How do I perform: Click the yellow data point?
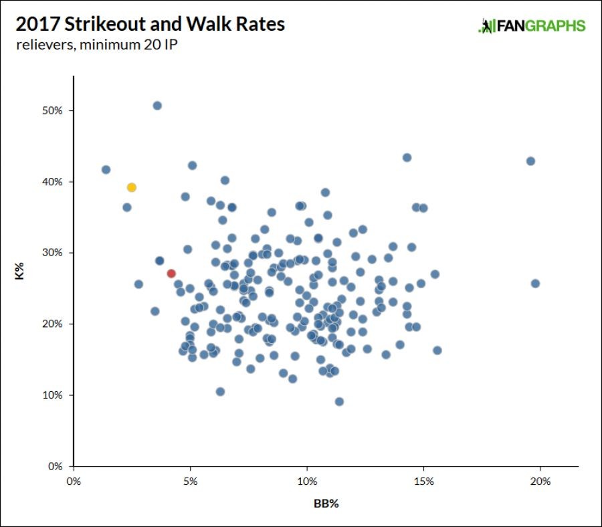point(132,187)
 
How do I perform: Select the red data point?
point(171,274)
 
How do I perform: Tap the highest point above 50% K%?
point(157,106)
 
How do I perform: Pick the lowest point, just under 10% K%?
point(339,402)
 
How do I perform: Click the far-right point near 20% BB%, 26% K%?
point(535,284)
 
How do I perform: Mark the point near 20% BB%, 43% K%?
point(530,161)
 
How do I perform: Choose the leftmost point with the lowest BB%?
point(106,170)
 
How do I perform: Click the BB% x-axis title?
point(326,504)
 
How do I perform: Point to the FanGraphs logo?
point(532,26)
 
